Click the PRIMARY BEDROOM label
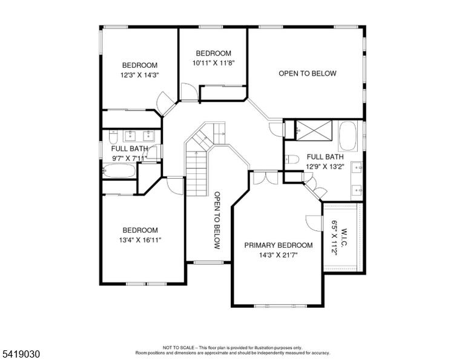coord(278,245)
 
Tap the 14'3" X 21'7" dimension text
coord(278,255)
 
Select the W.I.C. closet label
coord(344,237)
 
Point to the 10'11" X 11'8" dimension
coord(214,63)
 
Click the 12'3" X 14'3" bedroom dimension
coord(140,75)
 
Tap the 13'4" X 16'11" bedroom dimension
coord(140,240)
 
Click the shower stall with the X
coord(314,130)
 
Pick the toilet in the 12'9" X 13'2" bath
coord(291,159)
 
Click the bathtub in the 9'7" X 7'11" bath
coord(119,171)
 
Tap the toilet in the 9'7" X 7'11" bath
coord(113,137)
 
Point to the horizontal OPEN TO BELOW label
coord(308,73)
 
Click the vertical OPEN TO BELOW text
coord(217,220)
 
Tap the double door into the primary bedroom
coord(266,178)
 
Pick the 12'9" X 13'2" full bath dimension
coord(325,167)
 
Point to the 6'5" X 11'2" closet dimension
coord(334,238)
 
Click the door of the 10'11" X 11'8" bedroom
coord(190,92)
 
